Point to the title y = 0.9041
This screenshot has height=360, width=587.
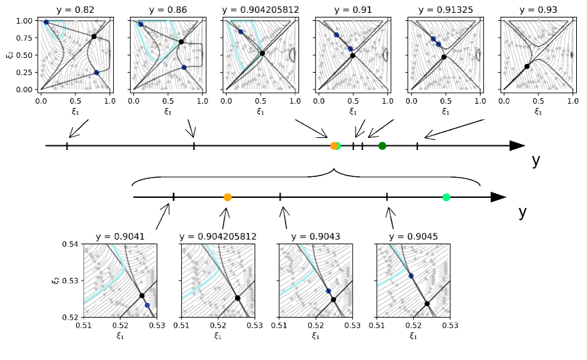point(119,237)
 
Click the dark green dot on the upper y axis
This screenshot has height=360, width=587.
point(382,146)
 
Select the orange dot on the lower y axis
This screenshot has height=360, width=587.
point(228,197)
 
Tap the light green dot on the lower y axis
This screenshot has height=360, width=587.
point(446,197)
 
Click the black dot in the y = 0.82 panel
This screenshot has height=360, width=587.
point(94,36)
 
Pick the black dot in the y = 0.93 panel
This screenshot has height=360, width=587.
point(527,67)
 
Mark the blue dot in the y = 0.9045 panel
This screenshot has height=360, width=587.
point(411,276)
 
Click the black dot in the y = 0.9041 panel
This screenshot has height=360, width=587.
point(142,295)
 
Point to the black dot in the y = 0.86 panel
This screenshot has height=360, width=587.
point(181,42)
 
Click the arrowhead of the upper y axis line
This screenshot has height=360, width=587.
point(518,146)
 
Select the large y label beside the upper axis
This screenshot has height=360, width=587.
point(536,161)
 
